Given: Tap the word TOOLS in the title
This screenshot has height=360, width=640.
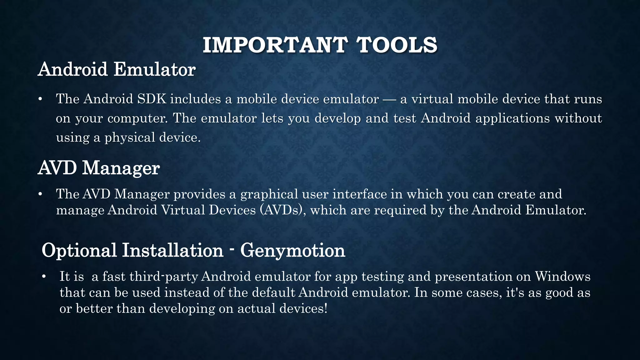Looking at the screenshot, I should (397, 45).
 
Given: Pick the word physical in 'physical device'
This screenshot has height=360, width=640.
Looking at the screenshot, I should (129, 138).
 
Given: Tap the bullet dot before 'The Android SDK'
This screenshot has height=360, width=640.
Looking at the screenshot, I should (40, 99).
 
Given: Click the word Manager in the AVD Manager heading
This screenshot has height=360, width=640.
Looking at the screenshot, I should (121, 168).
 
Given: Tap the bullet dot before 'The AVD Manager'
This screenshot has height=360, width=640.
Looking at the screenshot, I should (40, 194).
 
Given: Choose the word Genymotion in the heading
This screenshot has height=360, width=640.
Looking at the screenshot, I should (292, 250).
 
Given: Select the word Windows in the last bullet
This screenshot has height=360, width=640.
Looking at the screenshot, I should (562, 277).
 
